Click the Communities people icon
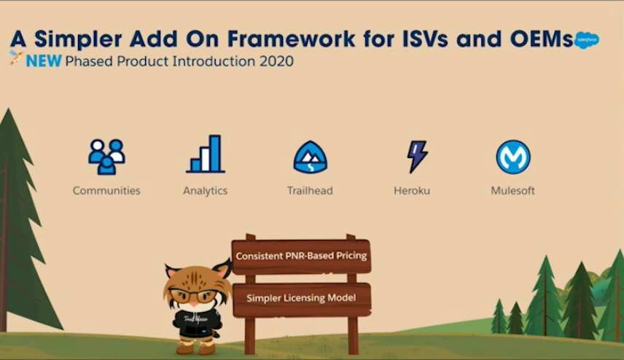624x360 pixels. point(106,157)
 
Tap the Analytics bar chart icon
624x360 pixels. point(206,154)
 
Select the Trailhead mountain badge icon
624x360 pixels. point(311,157)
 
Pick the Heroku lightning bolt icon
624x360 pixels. point(417,157)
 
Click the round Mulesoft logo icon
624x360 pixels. point(513,157)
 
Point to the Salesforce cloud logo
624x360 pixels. point(587,40)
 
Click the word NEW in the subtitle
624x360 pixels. point(44,61)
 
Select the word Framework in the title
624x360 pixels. point(291,39)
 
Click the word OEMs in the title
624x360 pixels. point(542,39)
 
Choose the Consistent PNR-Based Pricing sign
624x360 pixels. point(301,257)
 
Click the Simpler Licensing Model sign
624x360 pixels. point(302,299)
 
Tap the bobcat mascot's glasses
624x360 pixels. point(194,296)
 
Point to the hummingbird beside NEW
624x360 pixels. point(16,58)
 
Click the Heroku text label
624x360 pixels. point(412,191)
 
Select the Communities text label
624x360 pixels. point(106,191)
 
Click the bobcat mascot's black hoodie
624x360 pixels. point(196,324)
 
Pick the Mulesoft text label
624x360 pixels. point(512,191)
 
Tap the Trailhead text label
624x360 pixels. point(310,191)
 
